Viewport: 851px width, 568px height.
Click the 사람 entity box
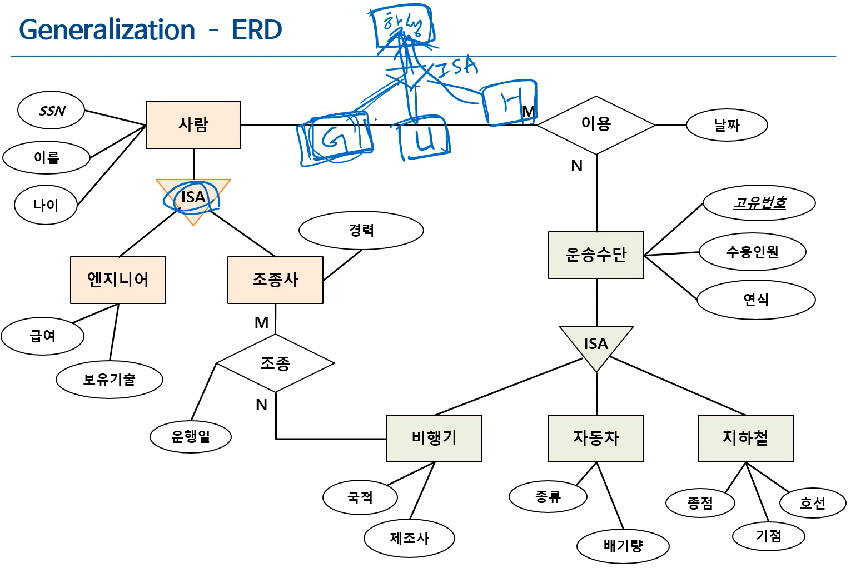(193, 125)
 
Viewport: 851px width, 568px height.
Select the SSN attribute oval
(51, 111)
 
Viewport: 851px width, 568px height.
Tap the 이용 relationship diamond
(596, 124)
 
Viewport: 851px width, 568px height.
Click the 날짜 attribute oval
(726, 125)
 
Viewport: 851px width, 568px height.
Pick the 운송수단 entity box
(596, 255)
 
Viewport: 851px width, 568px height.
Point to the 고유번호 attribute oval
(759, 203)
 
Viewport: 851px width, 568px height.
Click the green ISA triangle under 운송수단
(596, 345)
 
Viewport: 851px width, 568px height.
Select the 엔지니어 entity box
(118, 280)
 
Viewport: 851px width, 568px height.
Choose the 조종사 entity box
(275, 280)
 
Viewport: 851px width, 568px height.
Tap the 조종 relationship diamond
(275, 363)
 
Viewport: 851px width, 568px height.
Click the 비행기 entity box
(434, 438)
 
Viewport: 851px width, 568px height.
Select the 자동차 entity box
(596, 438)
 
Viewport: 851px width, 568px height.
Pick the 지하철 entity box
(745, 438)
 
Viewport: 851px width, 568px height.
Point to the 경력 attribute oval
(361, 230)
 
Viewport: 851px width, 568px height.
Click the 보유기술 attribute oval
(110, 380)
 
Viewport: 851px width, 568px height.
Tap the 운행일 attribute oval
(191, 437)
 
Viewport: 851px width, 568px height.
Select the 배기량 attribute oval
(623, 546)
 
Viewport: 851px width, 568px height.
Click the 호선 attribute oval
(812, 504)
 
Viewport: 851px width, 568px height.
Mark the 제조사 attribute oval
(409, 538)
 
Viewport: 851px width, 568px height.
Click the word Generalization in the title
(107, 30)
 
